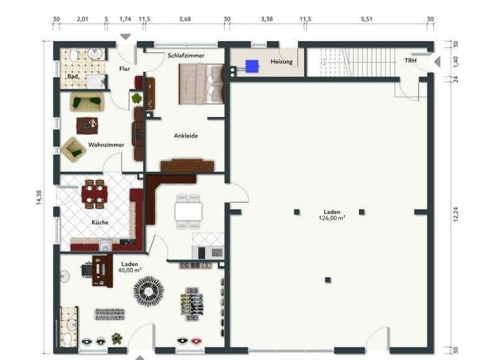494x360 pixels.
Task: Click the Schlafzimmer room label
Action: point(186,56)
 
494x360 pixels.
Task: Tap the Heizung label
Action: point(282,62)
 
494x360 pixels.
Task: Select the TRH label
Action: point(410,60)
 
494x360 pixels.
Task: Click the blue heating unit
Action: point(252,64)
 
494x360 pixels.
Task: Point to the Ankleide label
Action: point(185,136)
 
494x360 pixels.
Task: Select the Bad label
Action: point(73,77)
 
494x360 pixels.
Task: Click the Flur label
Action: point(125,68)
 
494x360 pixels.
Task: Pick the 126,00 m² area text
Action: point(331,218)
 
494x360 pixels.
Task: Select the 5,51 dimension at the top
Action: point(366,19)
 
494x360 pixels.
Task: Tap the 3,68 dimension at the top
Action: point(185,19)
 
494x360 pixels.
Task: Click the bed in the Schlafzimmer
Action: point(201,86)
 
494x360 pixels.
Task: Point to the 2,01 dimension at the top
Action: point(82,19)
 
